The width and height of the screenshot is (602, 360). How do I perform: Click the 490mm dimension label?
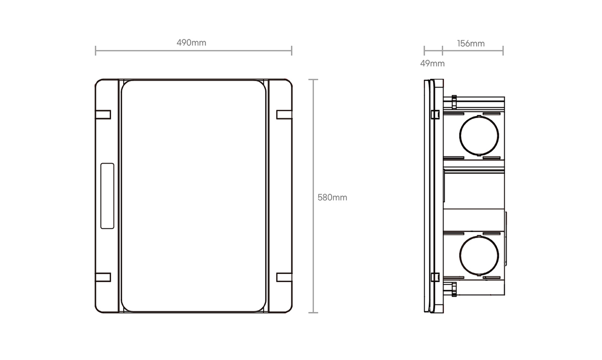(x=191, y=43)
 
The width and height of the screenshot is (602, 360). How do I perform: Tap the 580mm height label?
(x=332, y=198)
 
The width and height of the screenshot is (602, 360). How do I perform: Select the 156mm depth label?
(x=471, y=44)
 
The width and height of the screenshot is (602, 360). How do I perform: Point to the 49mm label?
(x=433, y=63)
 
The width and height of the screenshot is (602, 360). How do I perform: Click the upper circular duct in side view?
(x=460, y=136)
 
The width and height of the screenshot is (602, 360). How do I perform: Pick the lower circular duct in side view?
(x=460, y=255)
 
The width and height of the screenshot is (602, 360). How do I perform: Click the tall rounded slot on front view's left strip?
(x=101, y=196)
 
